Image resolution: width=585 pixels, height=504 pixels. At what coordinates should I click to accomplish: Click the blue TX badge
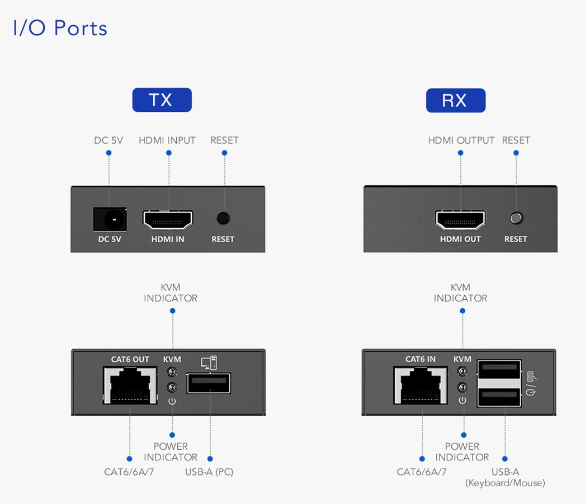pos(162,100)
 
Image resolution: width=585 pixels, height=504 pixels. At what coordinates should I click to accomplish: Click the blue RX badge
pos(455,100)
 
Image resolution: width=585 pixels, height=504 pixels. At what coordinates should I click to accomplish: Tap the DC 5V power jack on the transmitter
pos(110,219)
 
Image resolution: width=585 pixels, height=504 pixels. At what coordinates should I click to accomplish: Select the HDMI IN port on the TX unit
pos(168,221)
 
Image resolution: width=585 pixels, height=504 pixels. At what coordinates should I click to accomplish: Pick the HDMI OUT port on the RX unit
pos(460,221)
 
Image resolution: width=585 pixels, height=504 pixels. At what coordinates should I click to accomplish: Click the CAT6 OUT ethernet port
pos(130,385)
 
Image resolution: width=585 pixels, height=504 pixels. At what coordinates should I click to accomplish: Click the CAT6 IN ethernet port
pos(421,385)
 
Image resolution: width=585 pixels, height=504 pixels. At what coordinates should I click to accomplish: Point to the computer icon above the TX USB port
pos(209,362)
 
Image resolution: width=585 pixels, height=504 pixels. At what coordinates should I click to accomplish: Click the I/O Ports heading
pos(60,28)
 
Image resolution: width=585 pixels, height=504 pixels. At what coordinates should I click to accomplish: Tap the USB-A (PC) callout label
pos(209,472)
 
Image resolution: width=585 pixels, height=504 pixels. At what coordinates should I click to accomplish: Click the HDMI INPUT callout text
pos(167,140)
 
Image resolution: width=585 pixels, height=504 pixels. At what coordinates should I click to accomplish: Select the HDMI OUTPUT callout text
pos(461,140)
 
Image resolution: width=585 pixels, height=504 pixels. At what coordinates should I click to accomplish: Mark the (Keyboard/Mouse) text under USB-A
pos(505,483)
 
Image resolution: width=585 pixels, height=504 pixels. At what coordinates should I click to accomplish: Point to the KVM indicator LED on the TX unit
pos(172,372)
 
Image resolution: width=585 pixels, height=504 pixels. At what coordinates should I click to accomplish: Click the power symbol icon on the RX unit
pos(463,401)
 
